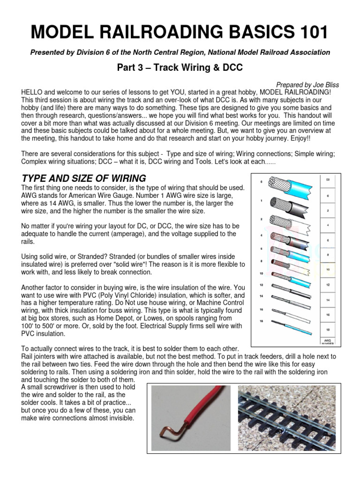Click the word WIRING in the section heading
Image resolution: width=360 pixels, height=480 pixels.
(123, 178)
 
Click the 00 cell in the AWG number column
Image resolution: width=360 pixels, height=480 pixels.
(328, 179)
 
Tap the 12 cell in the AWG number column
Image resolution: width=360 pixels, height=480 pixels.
(328, 284)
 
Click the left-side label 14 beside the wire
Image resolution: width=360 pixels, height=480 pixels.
(260, 296)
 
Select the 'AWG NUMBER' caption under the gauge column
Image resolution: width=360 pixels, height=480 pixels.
(328, 341)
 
